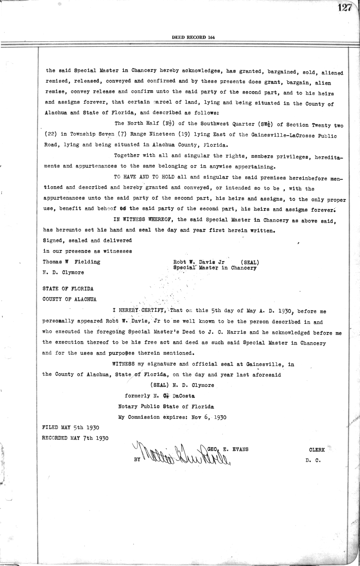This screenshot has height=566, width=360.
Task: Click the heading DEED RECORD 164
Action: tap(193, 38)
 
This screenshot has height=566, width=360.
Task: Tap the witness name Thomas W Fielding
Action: tap(71, 262)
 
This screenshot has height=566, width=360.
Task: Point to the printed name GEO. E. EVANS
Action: tap(228, 449)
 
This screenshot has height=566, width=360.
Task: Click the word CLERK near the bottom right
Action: tap(317, 450)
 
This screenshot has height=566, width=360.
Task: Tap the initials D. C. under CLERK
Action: tap(313, 460)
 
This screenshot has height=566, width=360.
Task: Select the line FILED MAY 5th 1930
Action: tap(71, 427)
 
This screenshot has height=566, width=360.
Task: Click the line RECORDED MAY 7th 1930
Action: tap(75, 438)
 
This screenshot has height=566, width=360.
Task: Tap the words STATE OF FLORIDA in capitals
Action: tap(68, 289)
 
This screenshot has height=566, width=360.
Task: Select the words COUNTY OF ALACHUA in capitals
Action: tap(70, 299)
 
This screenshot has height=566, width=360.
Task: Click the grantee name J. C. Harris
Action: tap(221, 332)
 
